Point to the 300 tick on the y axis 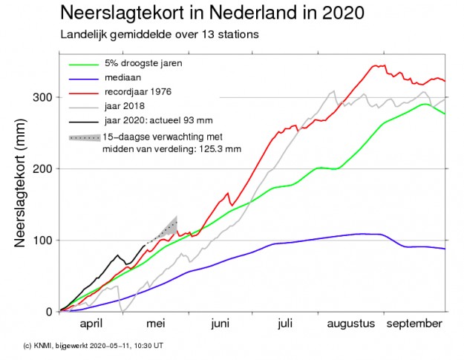click(x=44, y=97)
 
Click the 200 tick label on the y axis click(x=44, y=168)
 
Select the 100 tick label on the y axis click(x=44, y=240)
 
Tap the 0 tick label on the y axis click(x=50, y=312)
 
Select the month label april click(x=91, y=324)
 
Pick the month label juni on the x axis click(x=220, y=324)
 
